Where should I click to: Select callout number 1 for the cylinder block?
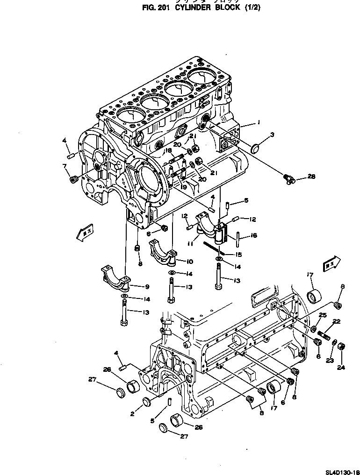pos(258,122)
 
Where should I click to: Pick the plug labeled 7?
pos(72,179)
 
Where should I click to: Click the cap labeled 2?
pos(146,400)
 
